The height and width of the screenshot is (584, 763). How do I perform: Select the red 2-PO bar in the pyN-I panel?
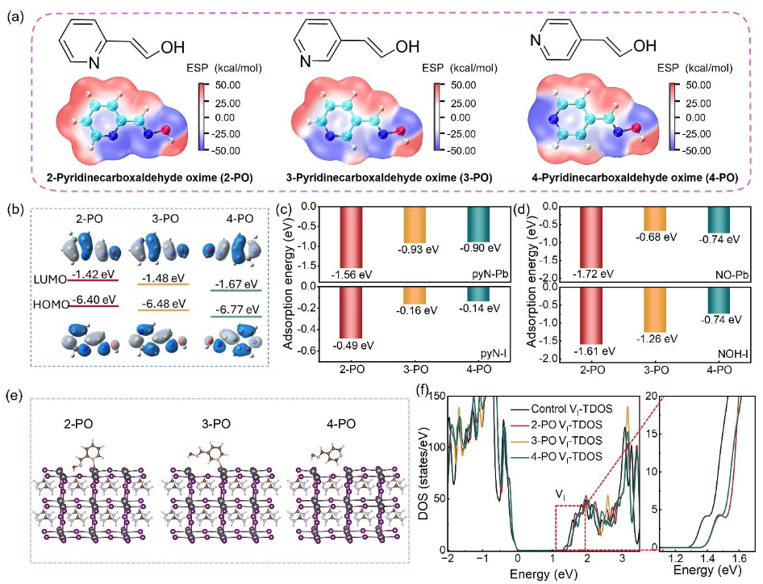pos(352,321)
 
